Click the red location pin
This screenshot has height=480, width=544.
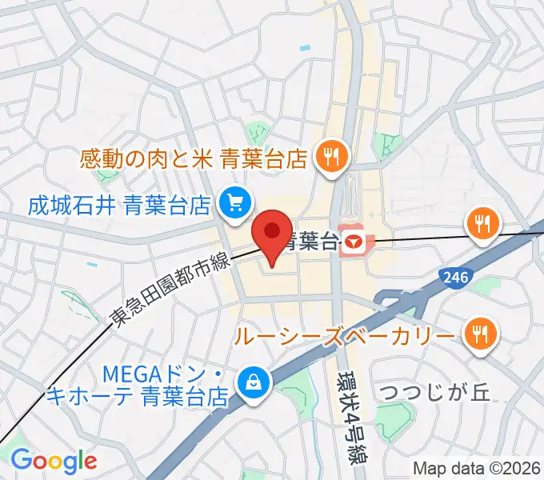click(272, 232)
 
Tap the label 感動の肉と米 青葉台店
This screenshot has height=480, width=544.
click(194, 159)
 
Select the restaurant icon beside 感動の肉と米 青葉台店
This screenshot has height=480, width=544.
click(330, 156)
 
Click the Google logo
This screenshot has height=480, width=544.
click(54, 461)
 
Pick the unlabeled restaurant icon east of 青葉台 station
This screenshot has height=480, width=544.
click(481, 222)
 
